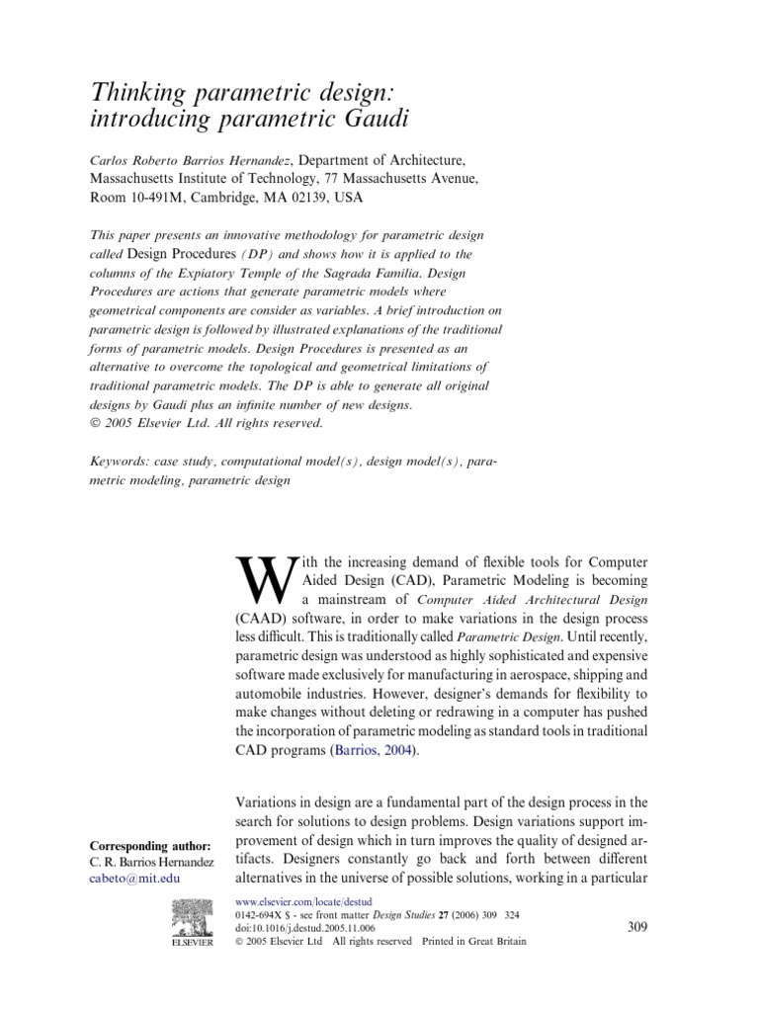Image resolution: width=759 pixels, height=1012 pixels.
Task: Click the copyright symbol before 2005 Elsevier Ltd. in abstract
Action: [96, 424]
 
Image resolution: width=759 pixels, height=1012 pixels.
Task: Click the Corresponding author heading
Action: [150, 846]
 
